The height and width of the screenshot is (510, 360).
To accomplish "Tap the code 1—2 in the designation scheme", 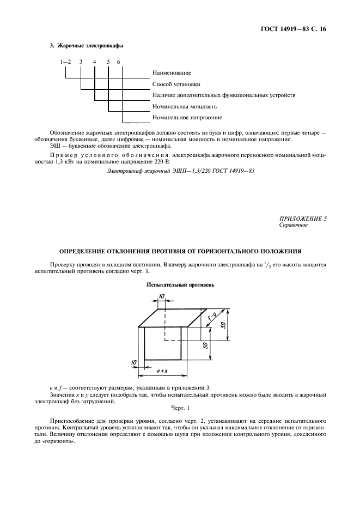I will [x=66, y=62].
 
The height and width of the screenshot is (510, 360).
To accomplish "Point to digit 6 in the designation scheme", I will [x=119, y=62].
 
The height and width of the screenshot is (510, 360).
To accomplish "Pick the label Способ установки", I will [x=176, y=84].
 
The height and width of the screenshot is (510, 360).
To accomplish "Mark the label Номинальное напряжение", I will [x=187, y=117].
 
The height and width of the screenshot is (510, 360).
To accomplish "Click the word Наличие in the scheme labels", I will [x=165, y=95].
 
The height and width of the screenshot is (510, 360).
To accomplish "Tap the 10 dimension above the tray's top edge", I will [x=162, y=296].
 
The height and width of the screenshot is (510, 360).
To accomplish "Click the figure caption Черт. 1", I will [x=179, y=408].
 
